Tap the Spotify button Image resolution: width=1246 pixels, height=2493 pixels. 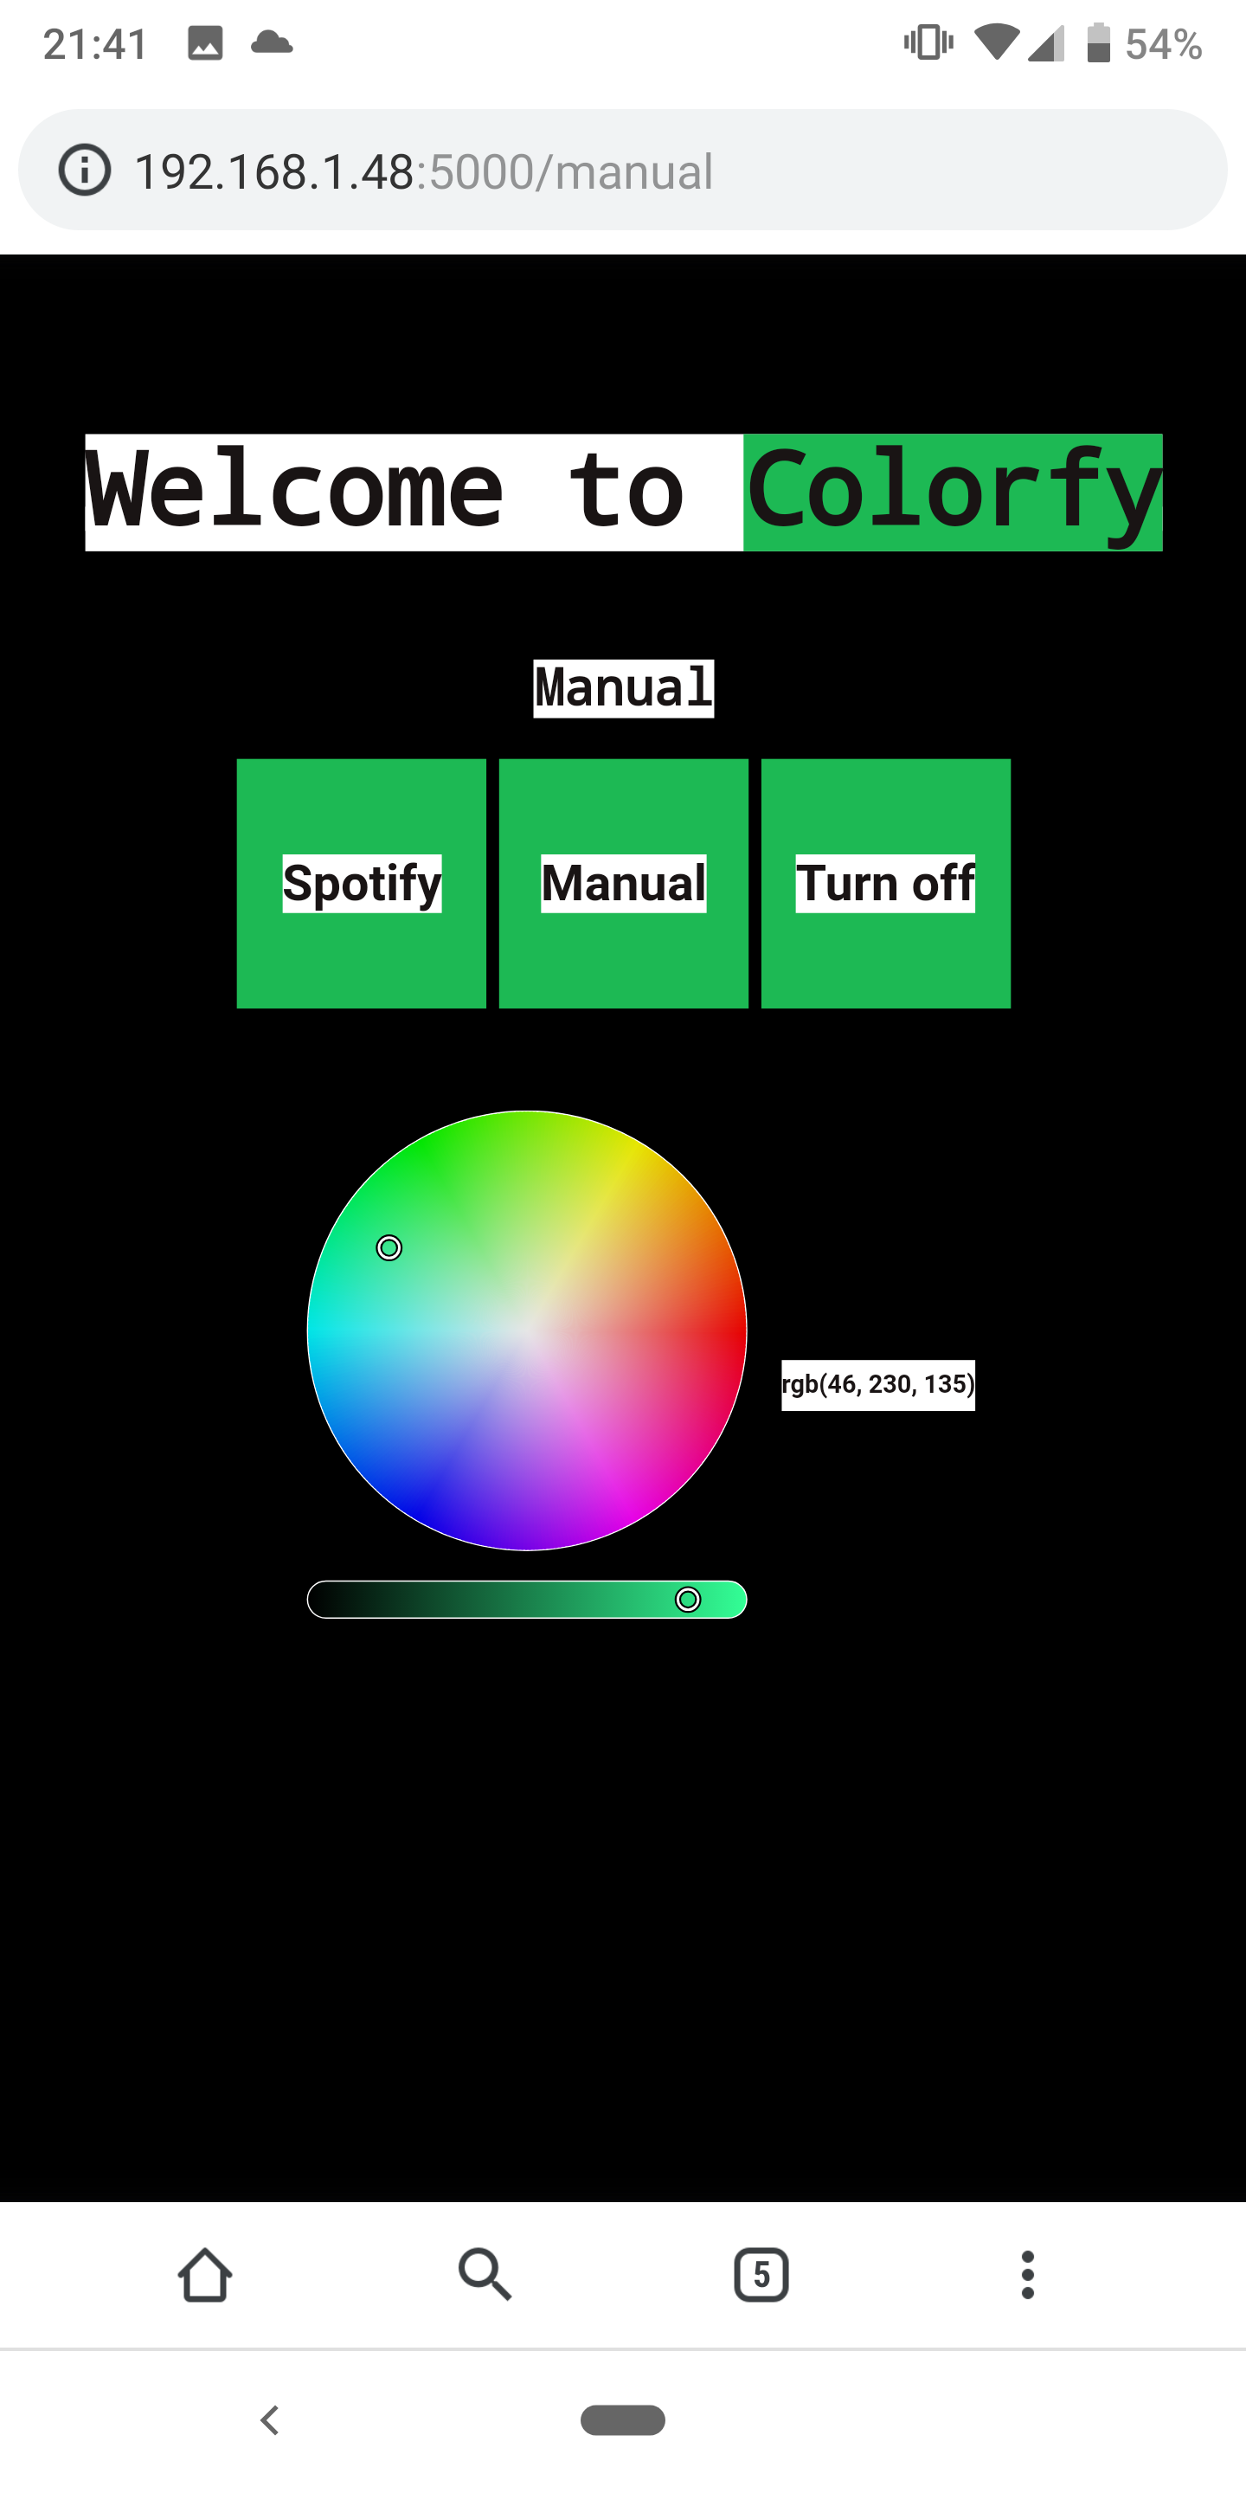361,883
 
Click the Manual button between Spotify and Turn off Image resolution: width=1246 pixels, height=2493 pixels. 623,883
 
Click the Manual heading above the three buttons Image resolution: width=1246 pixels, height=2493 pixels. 623,688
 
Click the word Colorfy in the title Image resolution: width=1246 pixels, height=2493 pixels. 952,492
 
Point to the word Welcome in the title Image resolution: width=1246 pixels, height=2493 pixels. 295,492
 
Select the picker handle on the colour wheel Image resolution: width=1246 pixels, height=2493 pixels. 389,1247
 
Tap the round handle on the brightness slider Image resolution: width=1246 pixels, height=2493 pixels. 688,1599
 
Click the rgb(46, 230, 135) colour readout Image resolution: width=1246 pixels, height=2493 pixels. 877,1384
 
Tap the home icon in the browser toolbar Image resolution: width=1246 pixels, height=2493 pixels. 205,2274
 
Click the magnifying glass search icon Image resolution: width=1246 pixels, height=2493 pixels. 484,2274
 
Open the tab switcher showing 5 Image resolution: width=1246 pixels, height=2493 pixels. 761,2274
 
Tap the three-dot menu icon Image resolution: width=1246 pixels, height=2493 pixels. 1027,2274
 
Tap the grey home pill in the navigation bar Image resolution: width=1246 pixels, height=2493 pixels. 622,2419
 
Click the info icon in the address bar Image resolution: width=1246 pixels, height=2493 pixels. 85,171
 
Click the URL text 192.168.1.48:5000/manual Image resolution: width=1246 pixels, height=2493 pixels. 424,171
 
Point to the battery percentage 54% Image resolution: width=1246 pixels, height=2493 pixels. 1163,43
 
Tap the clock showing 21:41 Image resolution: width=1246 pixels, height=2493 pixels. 95,43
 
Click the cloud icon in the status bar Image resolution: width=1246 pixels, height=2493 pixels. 272,42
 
